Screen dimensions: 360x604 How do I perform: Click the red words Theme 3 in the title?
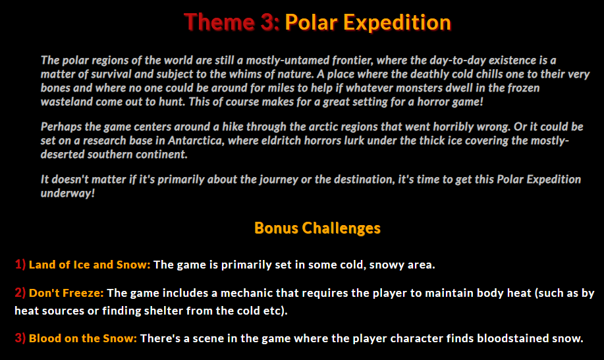pyautogui.click(x=232, y=22)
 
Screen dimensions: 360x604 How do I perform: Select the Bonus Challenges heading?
pyautogui.click(x=317, y=228)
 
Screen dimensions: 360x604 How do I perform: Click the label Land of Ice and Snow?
pyautogui.click(x=90, y=265)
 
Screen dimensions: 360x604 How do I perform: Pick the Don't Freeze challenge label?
pyautogui.click(x=67, y=292)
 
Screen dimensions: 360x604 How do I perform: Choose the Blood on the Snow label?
pyautogui.click(x=83, y=338)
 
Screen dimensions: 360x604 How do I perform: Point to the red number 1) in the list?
pyautogui.click(x=20, y=265)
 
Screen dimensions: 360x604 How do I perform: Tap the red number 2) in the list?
pyautogui.click(x=20, y=292)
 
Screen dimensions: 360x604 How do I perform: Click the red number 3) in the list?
pyautogui.click(x=20, y=338)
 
